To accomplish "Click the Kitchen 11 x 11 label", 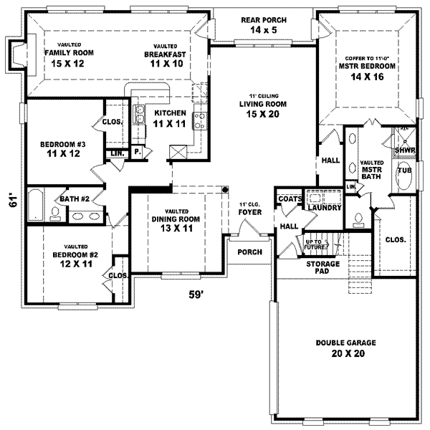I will pyautogui.click(x=171, y=118).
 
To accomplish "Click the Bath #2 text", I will pyautogui.click(x=73, y=199).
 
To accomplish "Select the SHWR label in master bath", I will pyautogui.click(x=404, y=150).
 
